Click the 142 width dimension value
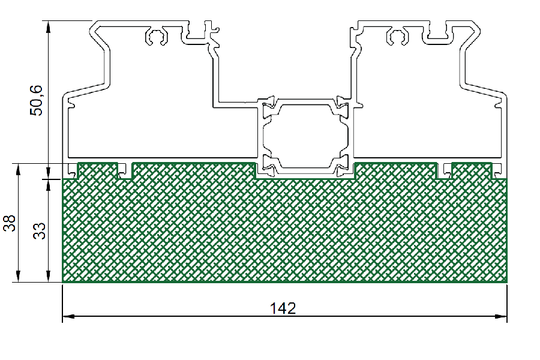click(283, 308)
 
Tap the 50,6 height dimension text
click(36, 100)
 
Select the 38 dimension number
click(9, 223)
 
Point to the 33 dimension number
click(39, 231)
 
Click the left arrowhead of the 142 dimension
click(68, 316)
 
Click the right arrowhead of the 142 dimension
click(501, 316)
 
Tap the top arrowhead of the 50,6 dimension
click(49, 27)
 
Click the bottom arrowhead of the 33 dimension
click(49, 276)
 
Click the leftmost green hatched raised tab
click(98, 170)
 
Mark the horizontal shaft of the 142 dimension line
click(285, 316)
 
